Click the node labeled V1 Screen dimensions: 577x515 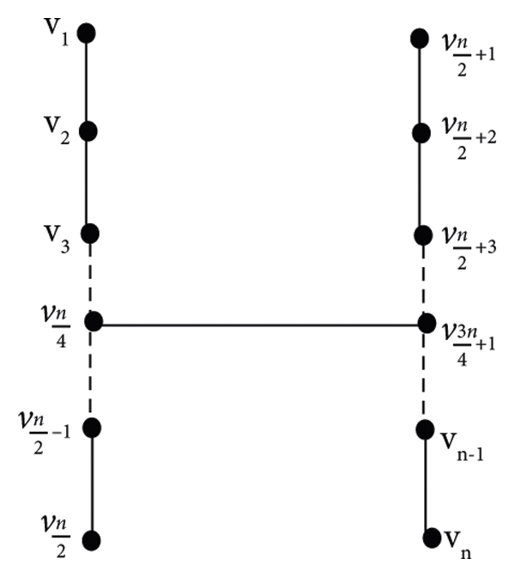[86, 33]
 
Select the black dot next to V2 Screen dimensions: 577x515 [86, 131]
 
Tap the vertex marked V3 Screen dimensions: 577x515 [88, 233]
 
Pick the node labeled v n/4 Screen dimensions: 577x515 [94, 322]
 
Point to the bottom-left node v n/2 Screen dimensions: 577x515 [92, 540]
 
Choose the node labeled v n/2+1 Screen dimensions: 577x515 [420, 38]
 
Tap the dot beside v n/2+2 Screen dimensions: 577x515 [421, 134]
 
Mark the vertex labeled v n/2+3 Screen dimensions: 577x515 [422, 234]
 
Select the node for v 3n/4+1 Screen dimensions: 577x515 [427, 324]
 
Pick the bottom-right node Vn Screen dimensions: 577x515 [431, 538]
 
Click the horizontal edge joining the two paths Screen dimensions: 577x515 [257, 324]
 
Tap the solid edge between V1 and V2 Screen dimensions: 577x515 [86, 82]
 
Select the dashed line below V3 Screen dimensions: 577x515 [90, 276]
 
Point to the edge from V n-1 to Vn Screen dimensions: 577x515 [427, 483]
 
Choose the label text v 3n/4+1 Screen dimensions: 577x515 [463, 330]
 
